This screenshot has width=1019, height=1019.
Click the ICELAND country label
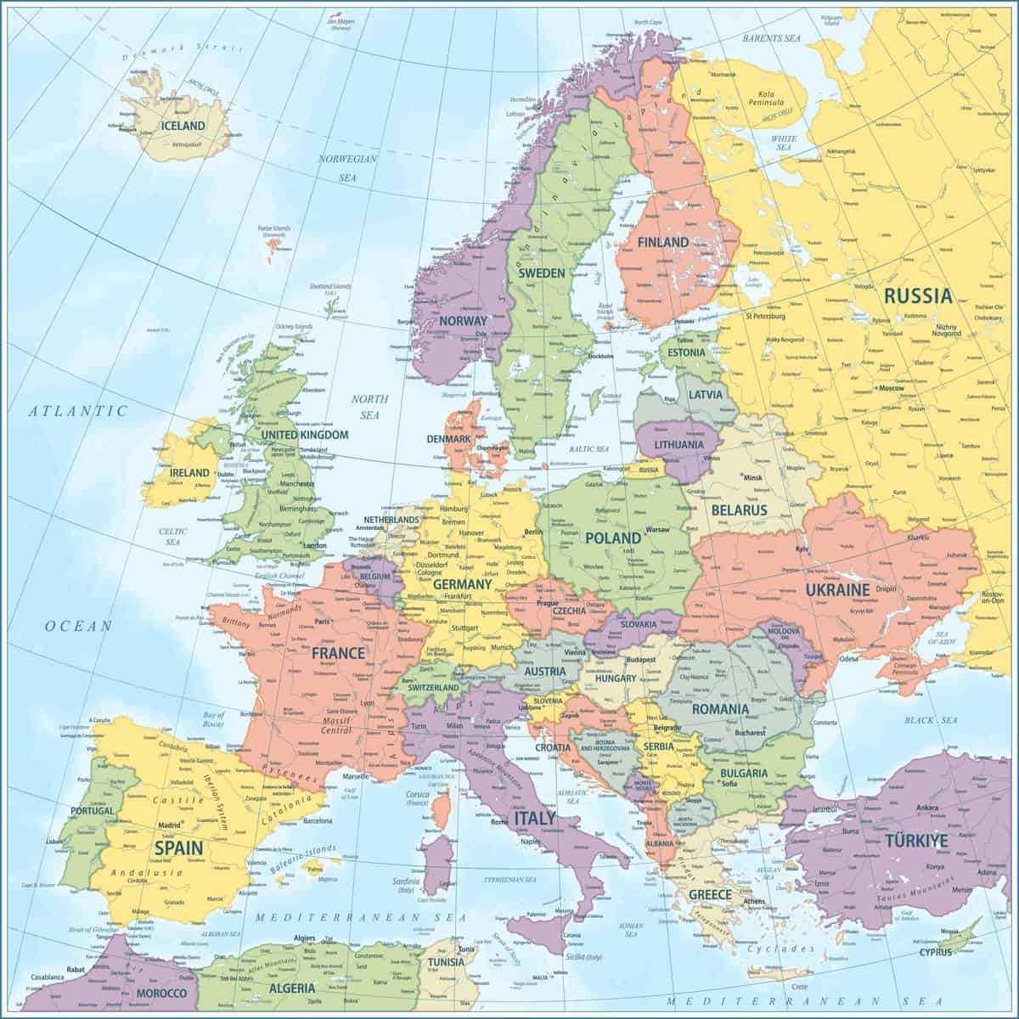[183, 126]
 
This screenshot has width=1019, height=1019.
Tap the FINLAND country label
[663, 242]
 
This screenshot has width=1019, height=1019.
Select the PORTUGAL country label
[93, 811]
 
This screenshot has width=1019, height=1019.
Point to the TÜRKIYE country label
[916, 841]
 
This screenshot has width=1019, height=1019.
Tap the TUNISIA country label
[446, 962]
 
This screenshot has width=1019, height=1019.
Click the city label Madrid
[171, 825]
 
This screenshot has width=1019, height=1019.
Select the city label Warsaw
[658, 530]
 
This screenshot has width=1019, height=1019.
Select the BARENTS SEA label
[773, 38]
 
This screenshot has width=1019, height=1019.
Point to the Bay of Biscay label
[214, 719]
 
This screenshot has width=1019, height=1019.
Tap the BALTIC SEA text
[589, 448]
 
